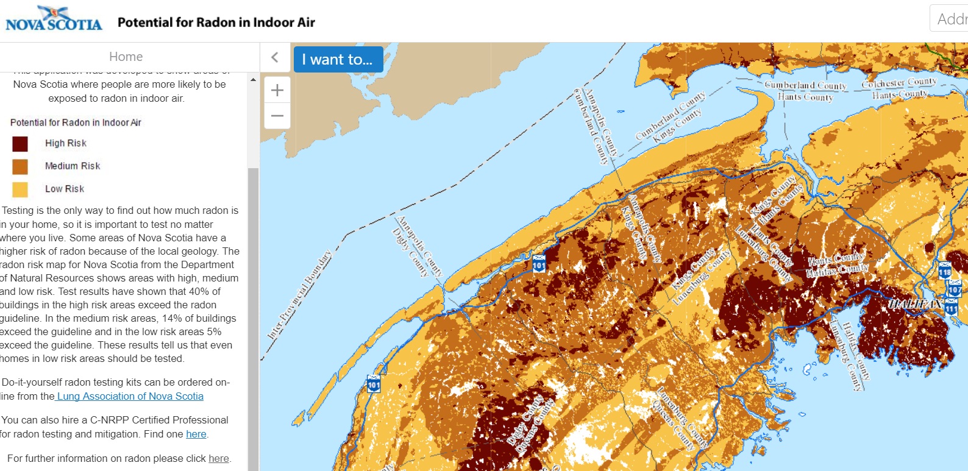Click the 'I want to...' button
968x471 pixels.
338,60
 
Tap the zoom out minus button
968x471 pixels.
277,116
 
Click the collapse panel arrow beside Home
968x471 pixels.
275,57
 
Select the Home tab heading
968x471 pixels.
126,57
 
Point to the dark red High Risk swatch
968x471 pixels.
20,144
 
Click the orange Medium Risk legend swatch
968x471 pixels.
20,166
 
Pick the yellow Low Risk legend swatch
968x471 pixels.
20,189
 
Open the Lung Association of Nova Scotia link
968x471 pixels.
130,396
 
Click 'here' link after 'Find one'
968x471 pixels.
196,434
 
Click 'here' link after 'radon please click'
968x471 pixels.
218,458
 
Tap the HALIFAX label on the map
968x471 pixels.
915,303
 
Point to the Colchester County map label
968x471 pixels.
899,83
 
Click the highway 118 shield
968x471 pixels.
945,270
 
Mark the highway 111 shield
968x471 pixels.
951,308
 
